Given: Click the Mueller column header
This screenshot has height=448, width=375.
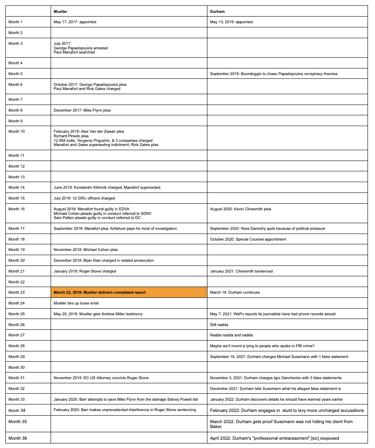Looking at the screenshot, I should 61,11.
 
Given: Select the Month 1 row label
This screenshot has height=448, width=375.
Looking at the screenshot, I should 16,22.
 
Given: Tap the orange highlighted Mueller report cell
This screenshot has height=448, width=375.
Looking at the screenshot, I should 129,292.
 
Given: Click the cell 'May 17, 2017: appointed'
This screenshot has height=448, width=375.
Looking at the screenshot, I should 75,22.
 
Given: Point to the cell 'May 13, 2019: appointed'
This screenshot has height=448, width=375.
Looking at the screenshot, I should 231,22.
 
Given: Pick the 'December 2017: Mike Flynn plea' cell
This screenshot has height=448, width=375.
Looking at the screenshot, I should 82,110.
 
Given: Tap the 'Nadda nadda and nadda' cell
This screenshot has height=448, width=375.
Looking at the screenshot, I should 231,335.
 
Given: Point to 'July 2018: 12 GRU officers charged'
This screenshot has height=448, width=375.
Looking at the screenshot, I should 84,198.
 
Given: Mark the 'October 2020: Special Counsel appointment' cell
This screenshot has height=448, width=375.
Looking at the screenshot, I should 248,239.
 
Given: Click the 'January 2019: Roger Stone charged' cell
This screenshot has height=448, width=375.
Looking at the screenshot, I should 85,271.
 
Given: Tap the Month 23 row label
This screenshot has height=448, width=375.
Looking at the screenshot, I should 17,292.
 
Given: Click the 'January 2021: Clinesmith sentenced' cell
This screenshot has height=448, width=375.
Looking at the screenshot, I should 241,271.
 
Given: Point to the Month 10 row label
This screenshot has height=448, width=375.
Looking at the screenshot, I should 17,131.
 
